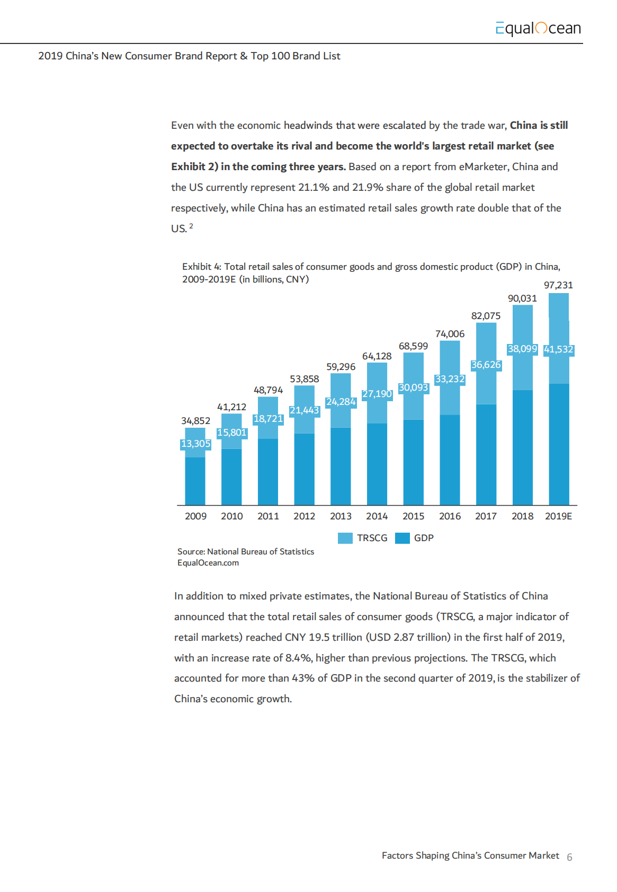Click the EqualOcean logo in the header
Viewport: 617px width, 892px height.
[x=538, y=28]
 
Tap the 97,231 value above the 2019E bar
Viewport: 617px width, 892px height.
[x=558, y=285]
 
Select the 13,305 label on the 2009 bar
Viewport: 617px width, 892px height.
[x=195, y=444]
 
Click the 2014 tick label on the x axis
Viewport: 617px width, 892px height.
[x=377, y=516]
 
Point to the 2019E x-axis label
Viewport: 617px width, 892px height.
[x=558, y=516]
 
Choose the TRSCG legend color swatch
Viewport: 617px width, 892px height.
[x=345, y=538]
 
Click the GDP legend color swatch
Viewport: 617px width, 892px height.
[x=403, y=538]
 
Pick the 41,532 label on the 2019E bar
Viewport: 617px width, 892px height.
[x=558, y=349]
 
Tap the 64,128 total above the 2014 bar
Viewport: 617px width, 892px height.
[x=377, y=356]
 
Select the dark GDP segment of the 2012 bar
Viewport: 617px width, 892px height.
[x=304, y=469]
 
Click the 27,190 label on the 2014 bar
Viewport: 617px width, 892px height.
[x=377, y=394]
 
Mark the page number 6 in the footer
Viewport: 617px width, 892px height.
[x=569, y=857]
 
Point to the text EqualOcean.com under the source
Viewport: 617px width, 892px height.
[x=208, y=563]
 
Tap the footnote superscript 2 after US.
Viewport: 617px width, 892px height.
[x=191, y=226]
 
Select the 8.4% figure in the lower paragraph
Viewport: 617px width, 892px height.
[x=297, y=658]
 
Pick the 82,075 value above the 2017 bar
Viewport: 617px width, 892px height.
[x=486, y=316]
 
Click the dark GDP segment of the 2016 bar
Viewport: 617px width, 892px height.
[x=450, y=460]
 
